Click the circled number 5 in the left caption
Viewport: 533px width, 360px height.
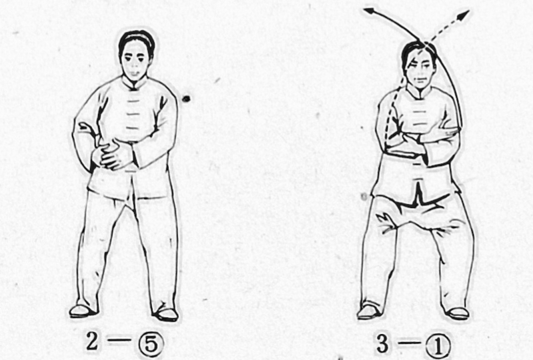point(151,344)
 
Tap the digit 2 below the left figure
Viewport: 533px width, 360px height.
point(93,341)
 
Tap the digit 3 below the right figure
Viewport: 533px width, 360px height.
point(383,343)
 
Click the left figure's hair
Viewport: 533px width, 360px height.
point(137,41)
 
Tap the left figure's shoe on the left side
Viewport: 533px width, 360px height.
point(82,311)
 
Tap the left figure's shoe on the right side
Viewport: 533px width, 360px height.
point(166,314)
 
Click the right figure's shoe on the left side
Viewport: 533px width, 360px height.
point(369,312)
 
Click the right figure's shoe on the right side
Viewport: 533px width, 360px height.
point(457,314)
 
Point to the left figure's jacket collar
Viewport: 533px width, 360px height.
point(135,83)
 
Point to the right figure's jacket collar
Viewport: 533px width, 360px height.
point(420,93)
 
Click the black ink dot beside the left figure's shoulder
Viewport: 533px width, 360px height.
point(186,99)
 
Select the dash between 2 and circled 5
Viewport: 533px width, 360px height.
point(119,339)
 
